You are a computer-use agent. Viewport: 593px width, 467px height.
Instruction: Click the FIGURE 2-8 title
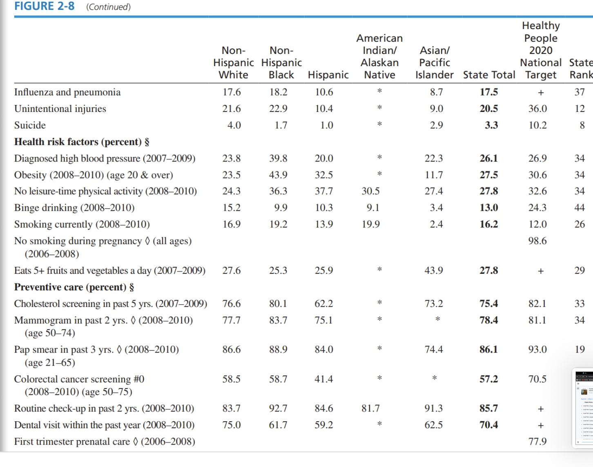coord(45,7)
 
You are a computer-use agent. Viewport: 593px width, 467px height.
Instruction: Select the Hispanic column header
coord(328,75)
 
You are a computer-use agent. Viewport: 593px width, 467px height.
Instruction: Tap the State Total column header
coord(489,75)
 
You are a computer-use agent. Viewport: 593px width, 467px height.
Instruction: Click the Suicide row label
coord(30,125)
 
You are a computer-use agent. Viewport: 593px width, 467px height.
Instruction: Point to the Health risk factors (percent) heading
coord(82,142)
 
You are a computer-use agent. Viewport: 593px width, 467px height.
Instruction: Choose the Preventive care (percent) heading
coord(74,287)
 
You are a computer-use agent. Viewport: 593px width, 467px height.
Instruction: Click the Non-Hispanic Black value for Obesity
coord(278,175)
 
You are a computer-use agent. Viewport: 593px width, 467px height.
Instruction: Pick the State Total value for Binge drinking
coord(488,208)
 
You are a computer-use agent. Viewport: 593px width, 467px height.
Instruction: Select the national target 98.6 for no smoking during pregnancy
coord(537,241)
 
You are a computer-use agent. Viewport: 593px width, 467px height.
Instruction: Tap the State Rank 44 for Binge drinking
coord(579,208)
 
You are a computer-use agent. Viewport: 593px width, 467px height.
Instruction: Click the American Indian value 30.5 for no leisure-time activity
coord(370,191)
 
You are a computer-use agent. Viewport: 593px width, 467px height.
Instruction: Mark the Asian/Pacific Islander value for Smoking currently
coord(436,224)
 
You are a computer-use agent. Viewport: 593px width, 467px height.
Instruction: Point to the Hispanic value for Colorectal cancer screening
coord(323,379)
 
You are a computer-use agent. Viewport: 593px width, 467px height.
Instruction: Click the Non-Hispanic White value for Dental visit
coord(231,425)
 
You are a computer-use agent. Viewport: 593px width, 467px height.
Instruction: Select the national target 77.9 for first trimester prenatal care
coord(537,442)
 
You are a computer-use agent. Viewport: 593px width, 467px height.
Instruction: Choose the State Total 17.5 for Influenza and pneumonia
coord(488,92)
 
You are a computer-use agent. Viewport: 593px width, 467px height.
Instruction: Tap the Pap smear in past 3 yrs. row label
coord(96,350)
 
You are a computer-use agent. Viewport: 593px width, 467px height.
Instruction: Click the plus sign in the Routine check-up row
coord(540,409)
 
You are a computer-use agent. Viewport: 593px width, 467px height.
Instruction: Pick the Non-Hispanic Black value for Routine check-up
coord(278,409)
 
